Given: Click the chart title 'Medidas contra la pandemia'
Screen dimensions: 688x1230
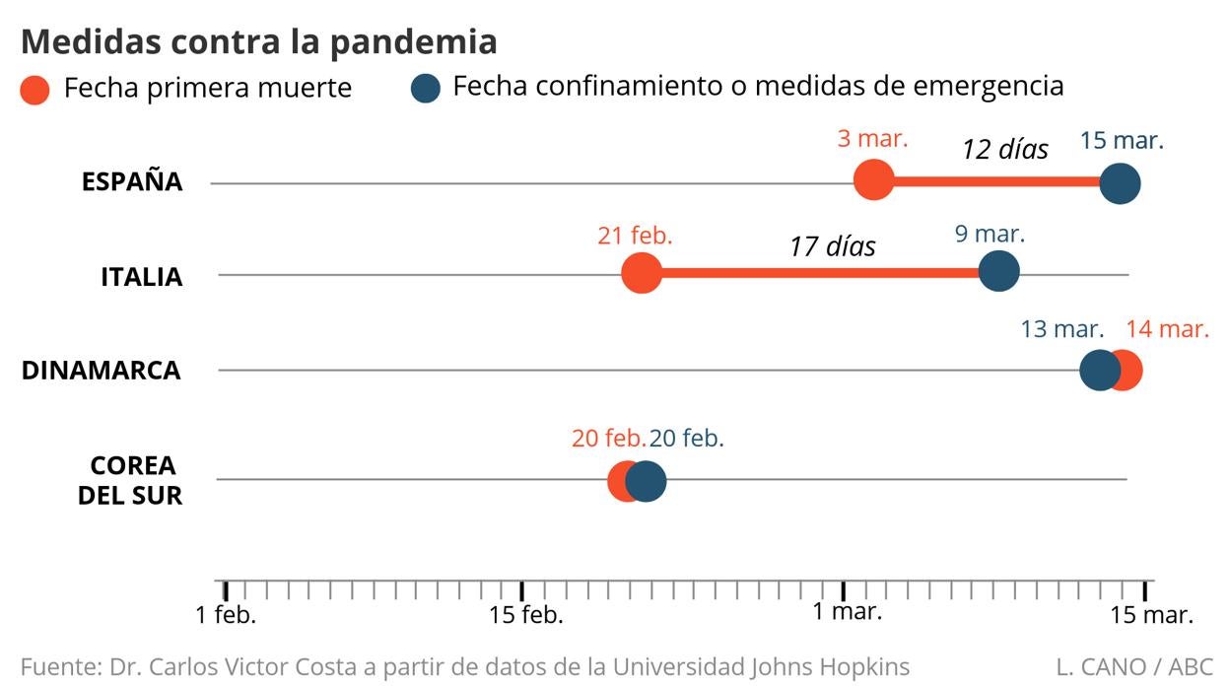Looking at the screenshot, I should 258,41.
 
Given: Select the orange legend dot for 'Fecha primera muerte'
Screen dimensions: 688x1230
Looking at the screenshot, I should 35,90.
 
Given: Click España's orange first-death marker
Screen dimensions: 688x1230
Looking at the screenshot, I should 873,180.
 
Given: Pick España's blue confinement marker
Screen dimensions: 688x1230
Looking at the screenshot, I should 1120,183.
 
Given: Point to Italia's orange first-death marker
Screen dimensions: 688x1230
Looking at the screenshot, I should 642,273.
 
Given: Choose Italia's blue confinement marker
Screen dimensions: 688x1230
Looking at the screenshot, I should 999,271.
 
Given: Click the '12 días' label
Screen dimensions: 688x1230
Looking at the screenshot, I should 1004,150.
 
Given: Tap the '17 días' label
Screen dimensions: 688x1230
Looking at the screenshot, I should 832,245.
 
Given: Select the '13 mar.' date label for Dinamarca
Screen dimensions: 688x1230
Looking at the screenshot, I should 1060,328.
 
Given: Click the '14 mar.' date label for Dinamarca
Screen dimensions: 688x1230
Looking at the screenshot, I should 1167,328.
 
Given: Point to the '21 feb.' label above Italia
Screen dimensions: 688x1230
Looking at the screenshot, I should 635,236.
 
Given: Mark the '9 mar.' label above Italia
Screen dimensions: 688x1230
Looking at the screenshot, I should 990,235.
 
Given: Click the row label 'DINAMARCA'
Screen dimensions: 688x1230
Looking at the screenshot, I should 102,372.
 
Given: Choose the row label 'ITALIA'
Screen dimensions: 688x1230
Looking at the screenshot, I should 141,278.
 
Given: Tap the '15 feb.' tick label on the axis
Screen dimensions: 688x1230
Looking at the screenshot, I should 526,615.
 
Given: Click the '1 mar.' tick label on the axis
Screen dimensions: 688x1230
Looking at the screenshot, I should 848,611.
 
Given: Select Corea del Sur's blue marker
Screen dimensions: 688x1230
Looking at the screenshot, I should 646,482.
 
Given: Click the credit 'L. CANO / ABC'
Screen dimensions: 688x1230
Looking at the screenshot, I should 1133,667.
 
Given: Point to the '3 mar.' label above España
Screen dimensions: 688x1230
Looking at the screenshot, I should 872,139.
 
